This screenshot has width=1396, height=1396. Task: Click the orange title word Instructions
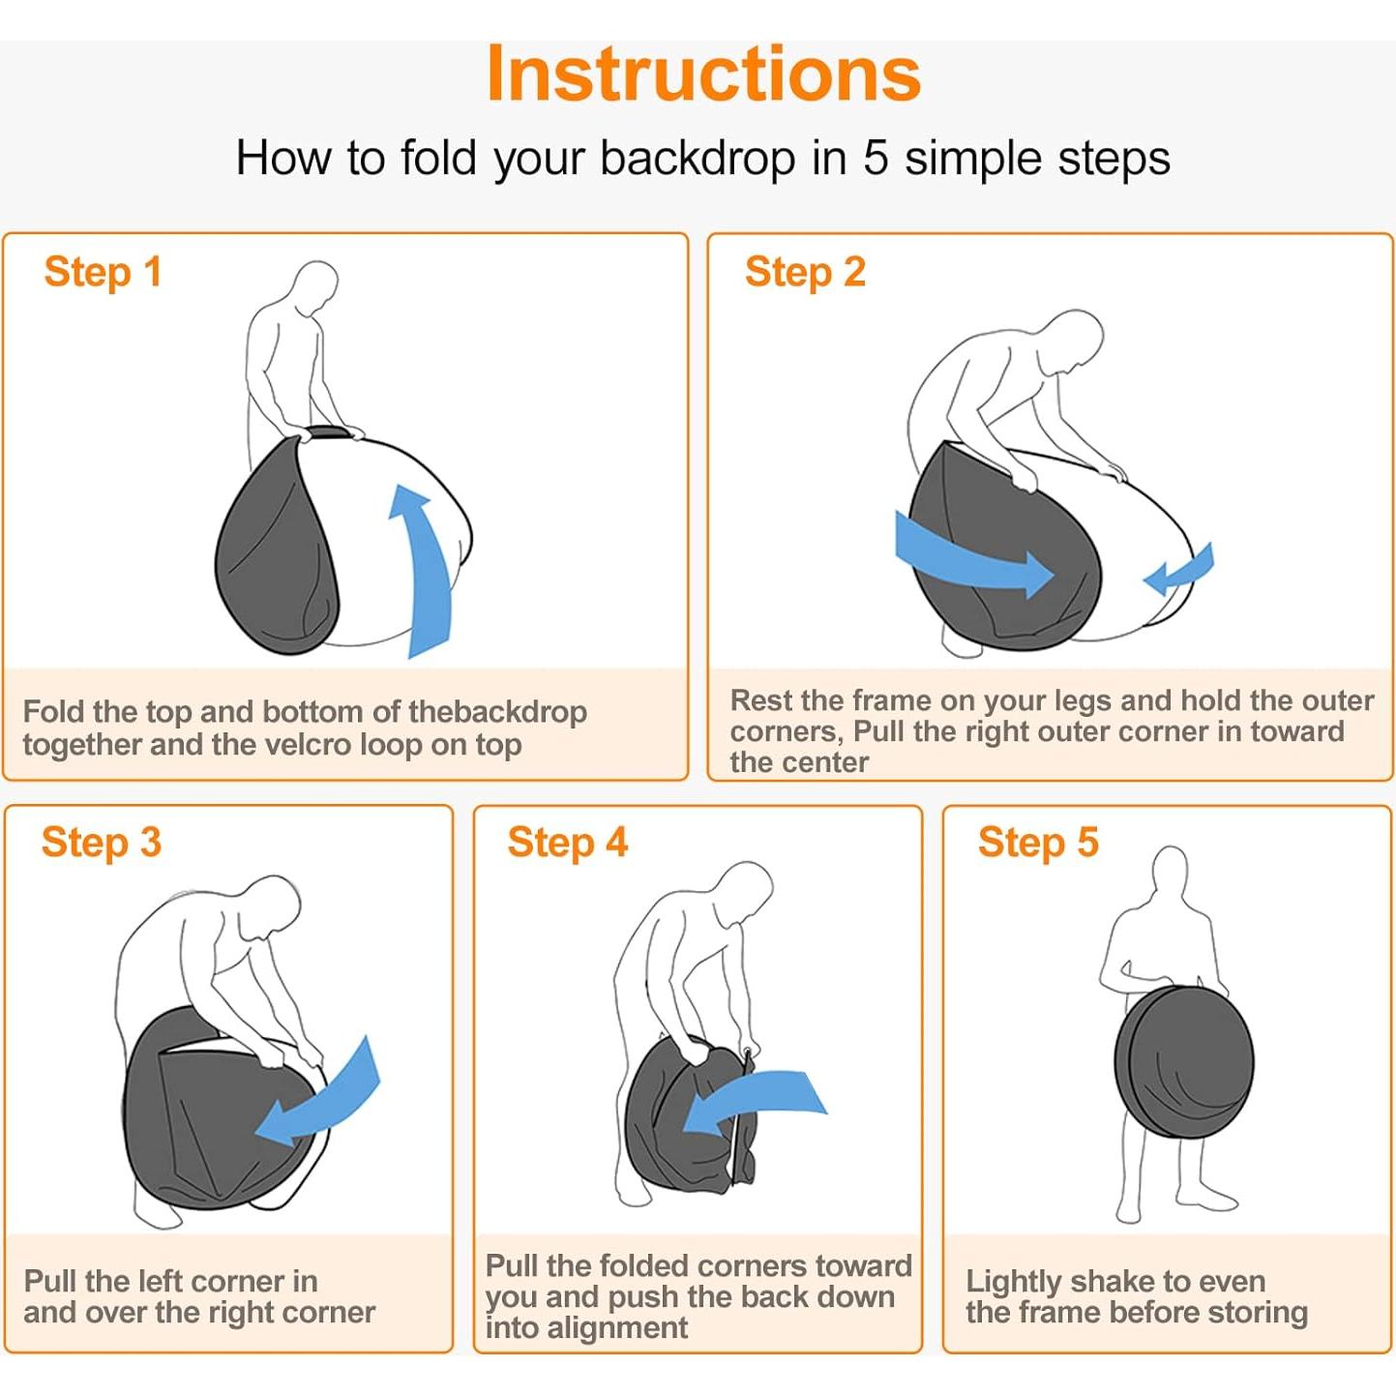[703, 74]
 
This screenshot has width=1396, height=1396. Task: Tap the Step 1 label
[103, 273]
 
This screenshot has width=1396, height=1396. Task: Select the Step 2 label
[805, 273]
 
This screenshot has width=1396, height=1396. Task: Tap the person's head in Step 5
[1170, 875]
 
